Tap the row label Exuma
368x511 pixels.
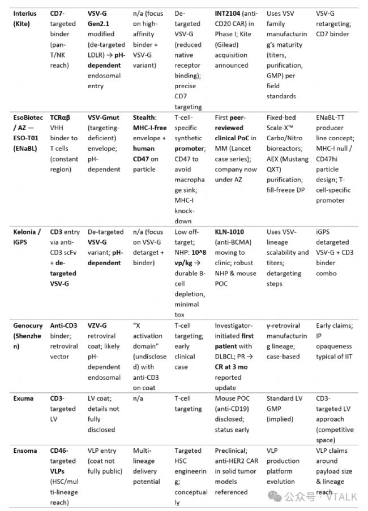click(23, 399)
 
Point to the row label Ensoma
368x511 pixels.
click(25, 451)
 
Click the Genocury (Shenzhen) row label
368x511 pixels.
click(26, 336)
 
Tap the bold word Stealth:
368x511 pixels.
click(146, 118)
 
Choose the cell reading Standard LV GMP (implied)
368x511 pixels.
click(285, 409)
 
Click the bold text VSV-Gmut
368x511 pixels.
click(105, 118)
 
